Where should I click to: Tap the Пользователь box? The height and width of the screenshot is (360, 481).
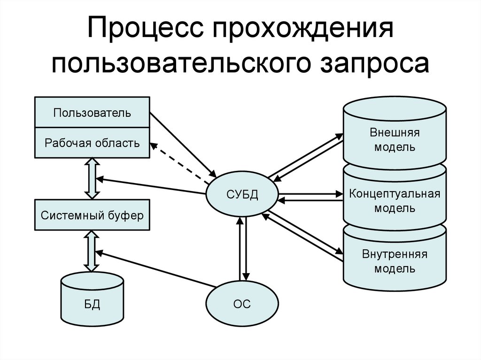click(x=92, y=113)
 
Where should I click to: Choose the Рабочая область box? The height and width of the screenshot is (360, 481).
click(x=92, y=143)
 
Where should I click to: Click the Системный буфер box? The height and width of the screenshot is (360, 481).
click(x=92, y=215)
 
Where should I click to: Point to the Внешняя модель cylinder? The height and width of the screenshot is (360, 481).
click(x=395, y=139)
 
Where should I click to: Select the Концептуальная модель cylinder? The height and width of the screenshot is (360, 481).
click(x=395, y=200)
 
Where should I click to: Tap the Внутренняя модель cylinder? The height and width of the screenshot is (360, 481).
click(x=395, y=261)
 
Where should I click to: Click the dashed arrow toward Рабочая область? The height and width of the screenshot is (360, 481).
click(x=180, y=162)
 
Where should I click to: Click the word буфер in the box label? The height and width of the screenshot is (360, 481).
click(x=126, y=216)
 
